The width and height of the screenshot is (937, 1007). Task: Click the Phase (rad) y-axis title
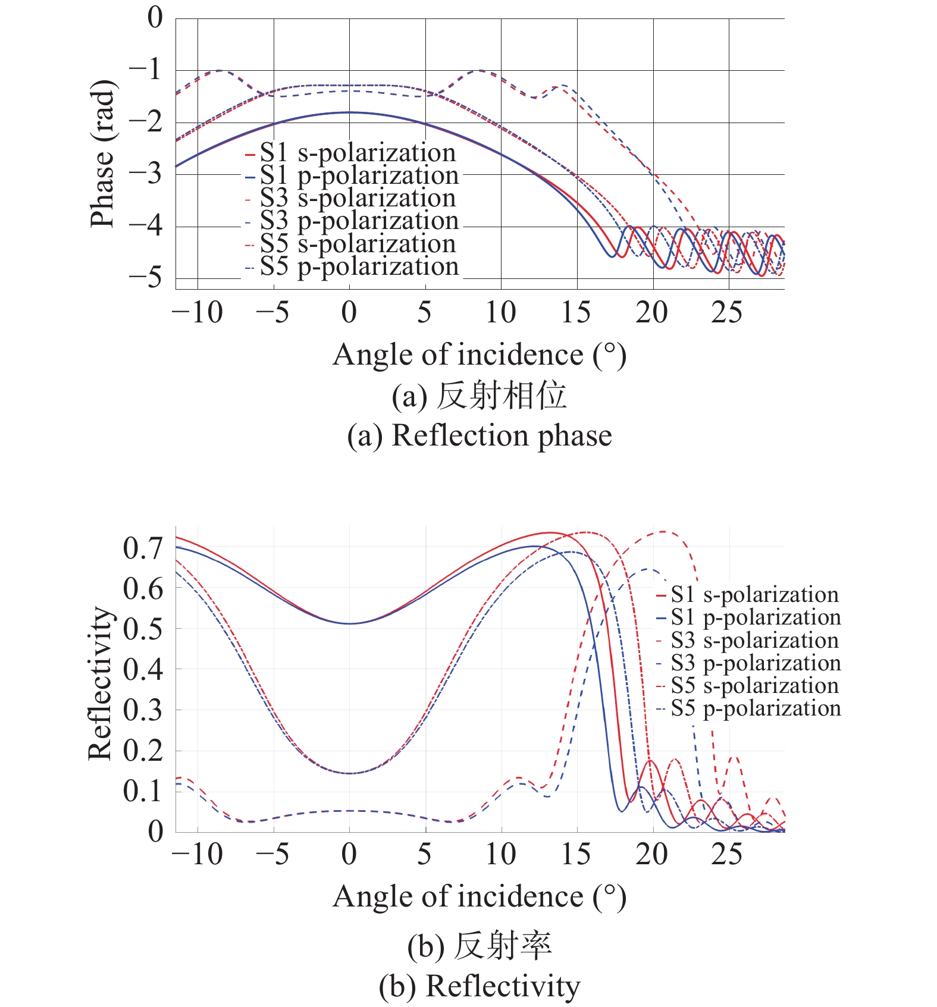102,153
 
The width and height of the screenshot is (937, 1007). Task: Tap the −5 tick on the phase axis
146,277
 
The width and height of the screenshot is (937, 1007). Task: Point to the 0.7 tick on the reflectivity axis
143,548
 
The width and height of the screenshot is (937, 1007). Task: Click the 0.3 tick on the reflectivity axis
143,710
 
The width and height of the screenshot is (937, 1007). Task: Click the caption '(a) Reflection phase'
480,435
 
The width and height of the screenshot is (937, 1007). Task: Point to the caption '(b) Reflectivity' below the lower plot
480,986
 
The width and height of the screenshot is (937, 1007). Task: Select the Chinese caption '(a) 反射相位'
480,396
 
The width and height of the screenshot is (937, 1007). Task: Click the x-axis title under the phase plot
480,355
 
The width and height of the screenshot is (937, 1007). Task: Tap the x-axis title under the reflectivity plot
480,896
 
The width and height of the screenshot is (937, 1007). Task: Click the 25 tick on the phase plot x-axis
727,312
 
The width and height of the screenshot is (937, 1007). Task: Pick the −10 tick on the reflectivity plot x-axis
198,854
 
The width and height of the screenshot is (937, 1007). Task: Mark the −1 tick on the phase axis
146,70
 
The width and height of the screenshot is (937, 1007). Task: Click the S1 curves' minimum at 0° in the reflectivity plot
350,623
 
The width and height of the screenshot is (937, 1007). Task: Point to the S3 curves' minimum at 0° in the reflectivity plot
350,773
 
